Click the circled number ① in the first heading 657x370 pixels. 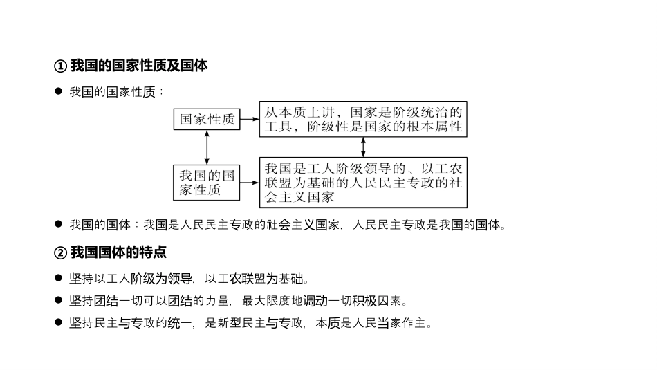pyautogui.click(x=59, y=66)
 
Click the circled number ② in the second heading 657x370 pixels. pyautogui.click(x=59, y=252)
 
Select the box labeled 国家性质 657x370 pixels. pyautogui.click(x=207, y=119)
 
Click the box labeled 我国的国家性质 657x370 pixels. pyautogui.click(x=207, y=183)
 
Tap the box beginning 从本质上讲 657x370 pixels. pyautogui.click(x=363, y=119)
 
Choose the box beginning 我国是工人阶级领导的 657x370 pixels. pyautogui.click(x=363, y=183)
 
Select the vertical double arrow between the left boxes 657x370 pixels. pyautogui.click(x=207, y=147)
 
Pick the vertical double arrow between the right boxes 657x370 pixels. pyautogui.click(x=363, y=147)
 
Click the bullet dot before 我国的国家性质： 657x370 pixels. pyautogui.click(x=59, y=91)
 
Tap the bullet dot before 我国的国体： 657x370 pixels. pyautogui.click(x=59, y=224)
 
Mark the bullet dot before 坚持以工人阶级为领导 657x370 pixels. pyautogui.click(x=59, y=279)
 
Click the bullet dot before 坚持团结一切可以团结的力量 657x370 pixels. pyautogui.click(x=59, y=300)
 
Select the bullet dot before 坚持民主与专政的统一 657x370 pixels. pyautogui.click(x=59, y=322)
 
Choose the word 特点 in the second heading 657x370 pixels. pyautogui.click(x=154, y=252)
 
